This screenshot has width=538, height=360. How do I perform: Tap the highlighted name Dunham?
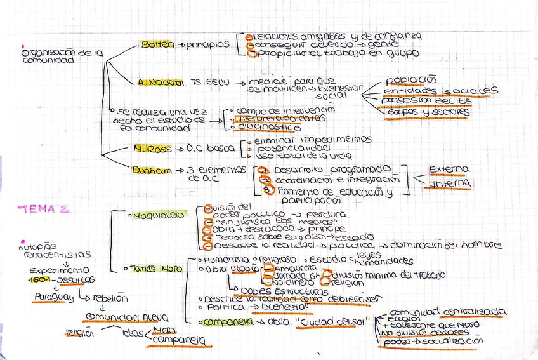tap(150, 170)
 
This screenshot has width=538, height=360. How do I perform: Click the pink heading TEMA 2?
tap(43, 209)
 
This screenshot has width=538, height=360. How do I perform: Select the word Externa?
tap(449, 169)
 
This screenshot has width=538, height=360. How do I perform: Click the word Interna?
tap(450, 183)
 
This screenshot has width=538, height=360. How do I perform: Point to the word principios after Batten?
tap(207, 45)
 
